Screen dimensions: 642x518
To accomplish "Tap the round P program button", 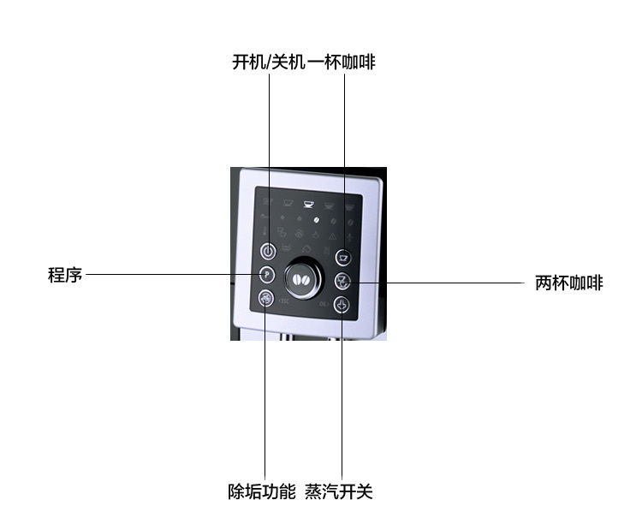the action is pos(267,274).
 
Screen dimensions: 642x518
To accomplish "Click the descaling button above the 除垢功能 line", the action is pos(265,298).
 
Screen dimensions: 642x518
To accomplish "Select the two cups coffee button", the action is pos(342,281).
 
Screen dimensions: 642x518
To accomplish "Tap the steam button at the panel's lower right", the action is pos(342,305).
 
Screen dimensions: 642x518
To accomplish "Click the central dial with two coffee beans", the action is pos(303,278).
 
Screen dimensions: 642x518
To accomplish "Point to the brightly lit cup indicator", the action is pos(308,203).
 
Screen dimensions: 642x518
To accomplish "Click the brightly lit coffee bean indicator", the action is pos(316,220).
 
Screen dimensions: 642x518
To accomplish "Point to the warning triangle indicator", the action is pos(332,236).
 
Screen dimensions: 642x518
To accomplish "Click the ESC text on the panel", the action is pos(283,301).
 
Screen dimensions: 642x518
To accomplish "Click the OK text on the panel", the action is pos(324,304).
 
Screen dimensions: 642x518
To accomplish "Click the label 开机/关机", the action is pos(269,63).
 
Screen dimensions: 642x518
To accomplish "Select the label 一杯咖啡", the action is pos(341,63).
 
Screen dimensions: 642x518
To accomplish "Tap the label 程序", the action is pos(65,274).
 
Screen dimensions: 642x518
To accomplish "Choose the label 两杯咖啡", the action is pos(569,283).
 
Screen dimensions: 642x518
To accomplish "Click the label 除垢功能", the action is pos(262,491).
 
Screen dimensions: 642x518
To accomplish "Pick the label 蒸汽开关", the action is pos(339,491).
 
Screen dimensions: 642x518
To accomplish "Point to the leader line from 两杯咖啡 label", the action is pos(433,283).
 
